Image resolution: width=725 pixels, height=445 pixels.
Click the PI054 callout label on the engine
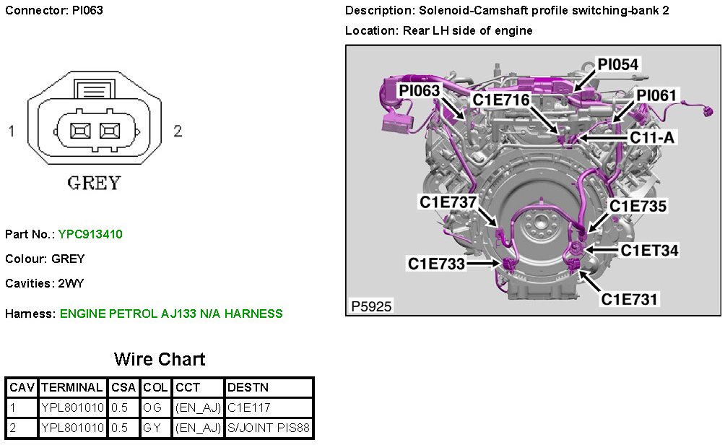point(617,64)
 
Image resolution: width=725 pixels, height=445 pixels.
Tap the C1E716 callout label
point(500,100)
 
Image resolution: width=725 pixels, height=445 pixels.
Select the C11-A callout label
point(652,137)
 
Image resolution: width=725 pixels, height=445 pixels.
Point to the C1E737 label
point(448,202)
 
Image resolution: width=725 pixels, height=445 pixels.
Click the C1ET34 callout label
point(649,250)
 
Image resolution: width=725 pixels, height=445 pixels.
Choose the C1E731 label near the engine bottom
point(629,299)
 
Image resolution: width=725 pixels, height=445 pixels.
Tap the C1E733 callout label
point(436,264)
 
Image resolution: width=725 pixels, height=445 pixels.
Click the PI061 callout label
point(656,95)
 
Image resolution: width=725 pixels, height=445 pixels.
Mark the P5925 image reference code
point(371,306)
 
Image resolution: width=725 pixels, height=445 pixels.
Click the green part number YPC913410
point(90,234)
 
